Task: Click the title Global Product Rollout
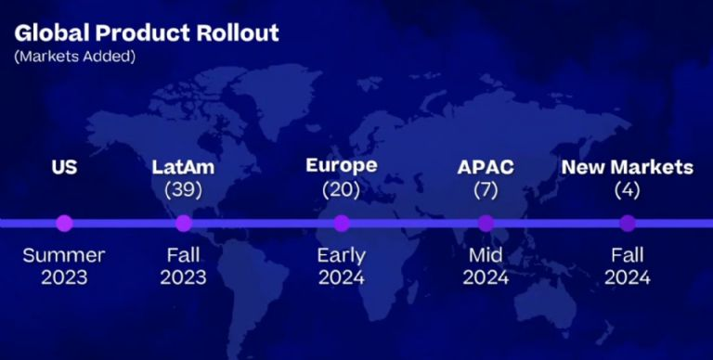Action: click(x=147, y=32)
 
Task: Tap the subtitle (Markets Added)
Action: click(x=75, y=57)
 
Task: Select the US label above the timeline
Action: click(x=64, y=167)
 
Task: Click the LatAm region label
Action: click(x=183, y=167)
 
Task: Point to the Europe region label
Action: click(x=342, y=165)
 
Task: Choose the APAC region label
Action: click(x=486, y=167)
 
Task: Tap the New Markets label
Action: click(x=628, y=167)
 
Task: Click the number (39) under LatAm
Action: click(x=183, y=190)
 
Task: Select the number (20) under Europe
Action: click(x=341, y=190)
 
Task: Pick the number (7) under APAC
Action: click(x=486, y=190)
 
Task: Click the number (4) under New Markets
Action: click(x=628, y=190)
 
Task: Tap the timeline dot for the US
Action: click(x=65, y=224)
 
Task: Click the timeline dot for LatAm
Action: click(x=184, y=224)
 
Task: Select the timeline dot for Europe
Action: click(x=342, y=224)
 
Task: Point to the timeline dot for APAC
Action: click(x=486, y=224)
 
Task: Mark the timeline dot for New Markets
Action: click(x=628, y=224)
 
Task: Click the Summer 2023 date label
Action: click(x=64, y=266)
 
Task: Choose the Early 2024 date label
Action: click(x=342, y=266)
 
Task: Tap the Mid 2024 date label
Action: click(x=486, y=266)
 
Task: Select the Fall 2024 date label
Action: click(x=628, y=266)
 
